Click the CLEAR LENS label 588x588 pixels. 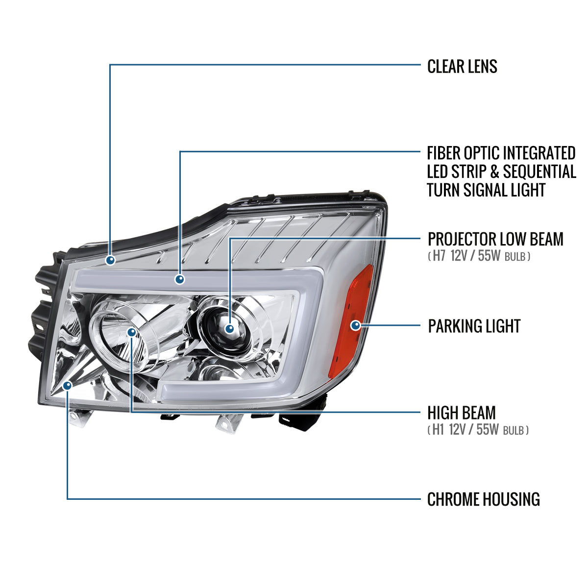pyautogui.click(x=462, y=67)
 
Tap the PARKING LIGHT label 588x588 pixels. pyautogui.click(x=474, y=326)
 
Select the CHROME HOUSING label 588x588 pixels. pyautogui.click(x=483, y=499)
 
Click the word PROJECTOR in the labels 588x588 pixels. pyautogui.click(x=462, y=239)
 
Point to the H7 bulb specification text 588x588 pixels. pyautogui.click(x=479, y=256)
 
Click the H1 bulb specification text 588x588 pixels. pyautogui.click(x=478, y=430)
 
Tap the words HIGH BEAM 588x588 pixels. pyautogui.click(x=462, y=413)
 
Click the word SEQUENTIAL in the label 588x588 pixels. pyautogui.click(x=539, y=171)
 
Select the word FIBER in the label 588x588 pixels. pyautogui.click(x=443, y=153)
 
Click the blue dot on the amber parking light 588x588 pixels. pyautogui.click(x=355, y=325)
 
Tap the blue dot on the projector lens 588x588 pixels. pyautogui.click(x=229, y=329)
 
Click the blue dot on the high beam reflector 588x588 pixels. pyautogui.click(x=131, y=332)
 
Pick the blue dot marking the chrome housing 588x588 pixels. pyautogui.click(x=67, y=386)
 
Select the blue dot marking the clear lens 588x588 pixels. pyautogui.click(x=110, y=260)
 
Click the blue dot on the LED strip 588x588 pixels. pyautogui.click(x=180, y=279)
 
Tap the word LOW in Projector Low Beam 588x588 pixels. pyautogui.click(x=513, y=239)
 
